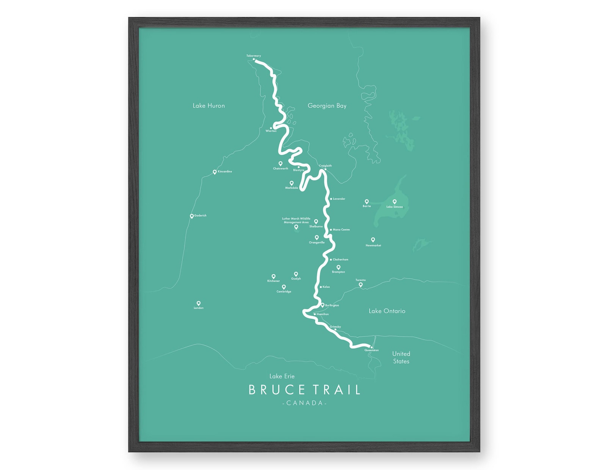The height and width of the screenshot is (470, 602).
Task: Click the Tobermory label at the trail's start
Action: coord(253,56)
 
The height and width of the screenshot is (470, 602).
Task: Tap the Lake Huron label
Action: coord(209,106)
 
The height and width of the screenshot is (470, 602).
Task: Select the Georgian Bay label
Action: coord(327,106)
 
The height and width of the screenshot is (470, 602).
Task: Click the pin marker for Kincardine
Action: coord(215,172)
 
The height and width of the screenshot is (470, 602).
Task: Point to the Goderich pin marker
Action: coord(192,216)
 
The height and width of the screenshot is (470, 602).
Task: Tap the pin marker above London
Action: coord(199,303)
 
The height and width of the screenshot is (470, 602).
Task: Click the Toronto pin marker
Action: coord(361,284)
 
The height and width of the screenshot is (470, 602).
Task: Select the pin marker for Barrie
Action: coord(367,201)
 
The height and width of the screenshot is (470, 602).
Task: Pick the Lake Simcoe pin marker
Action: coord(395,201)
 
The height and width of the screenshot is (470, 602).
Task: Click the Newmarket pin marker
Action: coord(373,239)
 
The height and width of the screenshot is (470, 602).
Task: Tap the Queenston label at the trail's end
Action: coord(372,351)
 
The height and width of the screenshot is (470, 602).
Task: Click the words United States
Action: coord(401,357)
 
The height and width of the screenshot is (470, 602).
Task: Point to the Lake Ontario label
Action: coord(387,311)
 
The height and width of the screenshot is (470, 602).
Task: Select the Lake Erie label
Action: coord(282,376)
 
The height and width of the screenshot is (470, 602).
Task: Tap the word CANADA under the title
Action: coord(304,403)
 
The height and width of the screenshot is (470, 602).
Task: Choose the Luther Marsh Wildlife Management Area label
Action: coord(296,220)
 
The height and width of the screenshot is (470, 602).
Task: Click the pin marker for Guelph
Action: coord(296,274)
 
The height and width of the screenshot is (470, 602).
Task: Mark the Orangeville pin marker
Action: coord(317,237)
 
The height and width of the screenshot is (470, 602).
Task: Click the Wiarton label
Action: coord(271,131)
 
